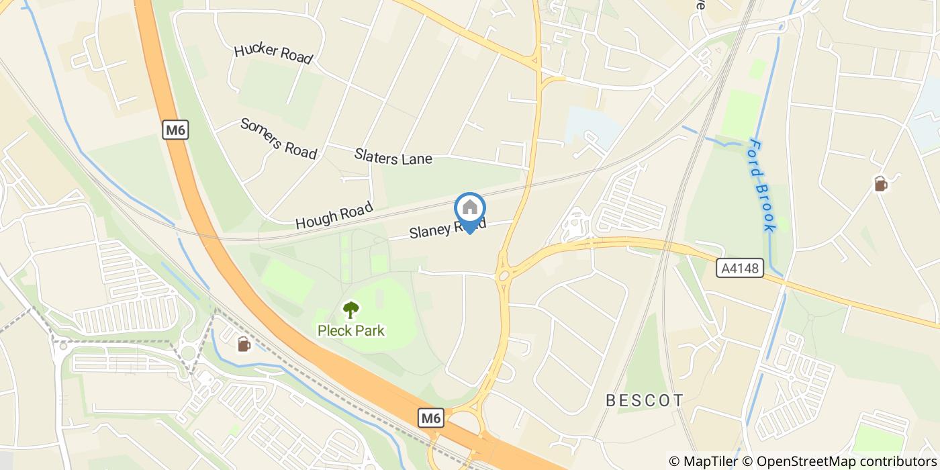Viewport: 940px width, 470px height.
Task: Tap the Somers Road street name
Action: pos(278,138)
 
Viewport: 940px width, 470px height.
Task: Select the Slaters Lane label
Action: pos(393,158)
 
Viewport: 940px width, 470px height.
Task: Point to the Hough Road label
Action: pos(334,216)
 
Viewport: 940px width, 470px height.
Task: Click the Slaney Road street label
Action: pos(447,229)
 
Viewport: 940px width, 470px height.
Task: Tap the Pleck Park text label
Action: pos(351,330)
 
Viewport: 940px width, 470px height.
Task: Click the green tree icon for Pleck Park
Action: pos(350,310)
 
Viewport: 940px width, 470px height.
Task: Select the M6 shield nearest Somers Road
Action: pos(175,130)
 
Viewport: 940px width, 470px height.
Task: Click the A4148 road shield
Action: pos(741,269)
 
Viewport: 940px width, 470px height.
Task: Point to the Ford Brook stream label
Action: pos(762,185)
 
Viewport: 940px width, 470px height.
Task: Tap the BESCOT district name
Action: pos(645,401)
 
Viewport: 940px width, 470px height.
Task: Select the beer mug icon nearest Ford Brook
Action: pos(880,183)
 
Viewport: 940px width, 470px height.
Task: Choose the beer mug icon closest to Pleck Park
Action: pos(243,344)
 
